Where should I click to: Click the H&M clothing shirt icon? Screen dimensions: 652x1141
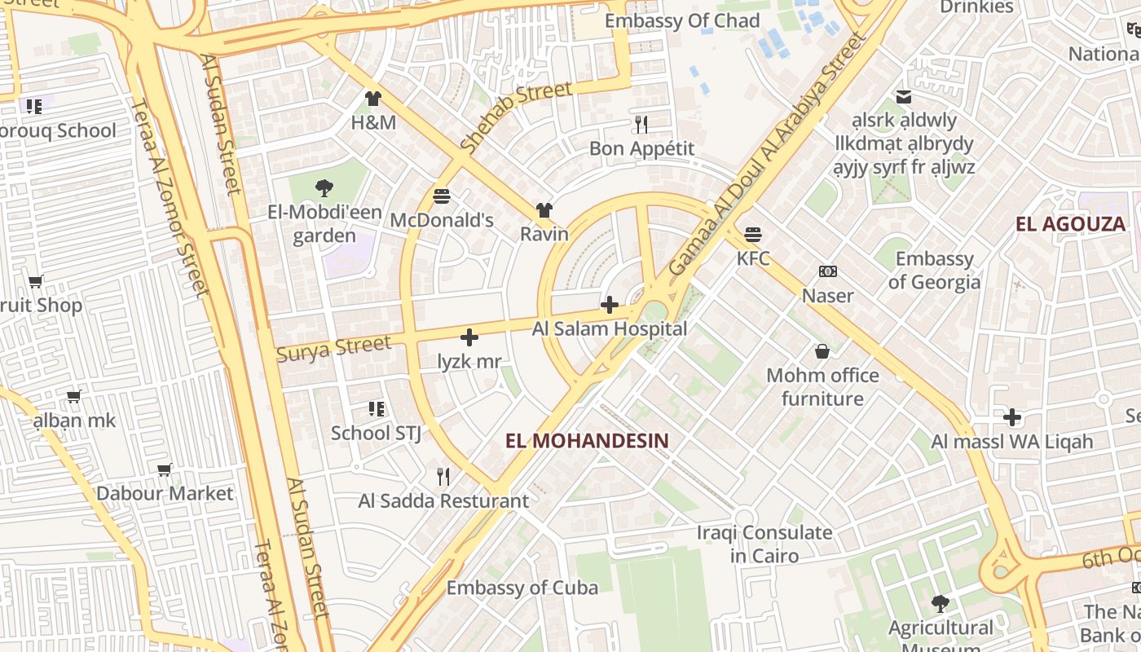(x=373, y=99)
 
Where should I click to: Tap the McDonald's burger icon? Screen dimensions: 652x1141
(x=442, y=196)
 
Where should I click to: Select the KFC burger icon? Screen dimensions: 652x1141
(x=753, y=235)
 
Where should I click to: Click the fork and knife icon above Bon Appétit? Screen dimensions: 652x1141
(x=641, y=125)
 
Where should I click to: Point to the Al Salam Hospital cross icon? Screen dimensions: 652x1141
(x=609, y=306)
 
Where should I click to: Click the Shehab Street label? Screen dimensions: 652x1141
(x=515, y=116)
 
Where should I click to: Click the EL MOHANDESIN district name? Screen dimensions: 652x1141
(x=587, y=441)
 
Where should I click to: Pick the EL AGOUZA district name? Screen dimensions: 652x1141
(x=1070, y=224)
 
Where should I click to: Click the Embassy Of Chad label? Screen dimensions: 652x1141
(x=682, y=21)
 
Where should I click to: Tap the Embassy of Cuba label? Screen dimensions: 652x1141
(x=522, y=588)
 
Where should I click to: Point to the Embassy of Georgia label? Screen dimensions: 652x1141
(x=934, y=271)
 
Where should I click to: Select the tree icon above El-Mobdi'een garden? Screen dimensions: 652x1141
(x=324, y=188)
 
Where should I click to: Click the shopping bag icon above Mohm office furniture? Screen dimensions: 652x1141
(x=822, y=351)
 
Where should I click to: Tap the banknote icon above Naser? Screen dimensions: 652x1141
(x=828, y=271)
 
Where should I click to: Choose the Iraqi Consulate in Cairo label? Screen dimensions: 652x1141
(x=764, y=544)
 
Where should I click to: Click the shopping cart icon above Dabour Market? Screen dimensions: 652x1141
(x=165, y=469)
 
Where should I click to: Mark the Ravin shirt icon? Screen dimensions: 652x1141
(x=544, y=210)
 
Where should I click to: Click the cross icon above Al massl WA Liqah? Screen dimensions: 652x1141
(x=1012, y=418)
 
